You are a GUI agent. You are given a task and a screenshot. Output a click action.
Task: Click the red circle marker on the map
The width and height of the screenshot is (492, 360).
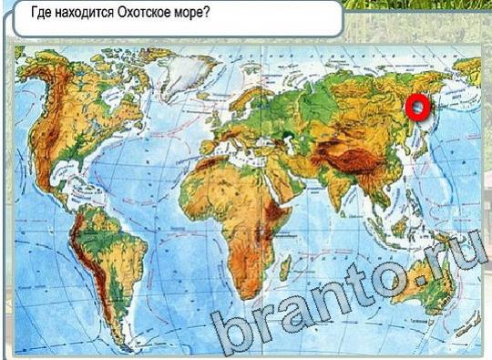tap(417, 108)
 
